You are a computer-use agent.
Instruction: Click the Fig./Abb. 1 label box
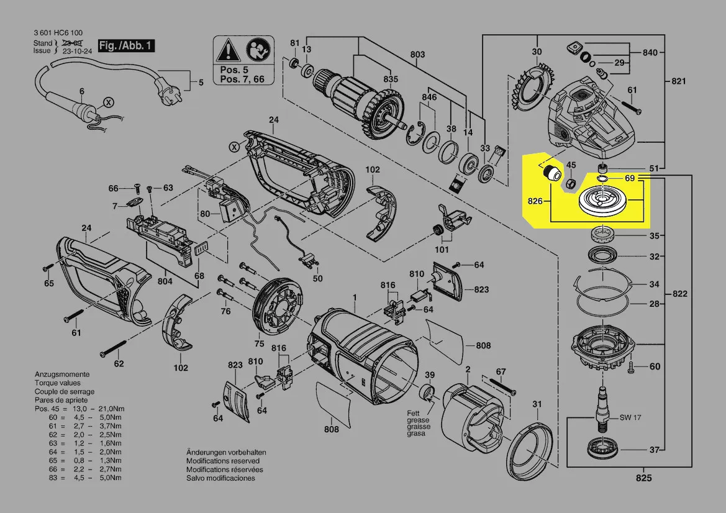click(x=125, y=45)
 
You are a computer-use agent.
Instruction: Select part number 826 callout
click(x=535, y=201)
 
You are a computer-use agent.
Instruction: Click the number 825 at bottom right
click(x=643, y=478)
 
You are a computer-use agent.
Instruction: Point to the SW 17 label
click(x=630, y=417)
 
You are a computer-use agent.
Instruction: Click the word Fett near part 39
click(x=414, y=413)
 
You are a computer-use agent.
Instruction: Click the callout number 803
click(x=417, y=55)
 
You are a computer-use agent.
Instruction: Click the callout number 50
click(x=317, y=278)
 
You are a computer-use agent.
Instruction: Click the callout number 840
click(x=650, y=53)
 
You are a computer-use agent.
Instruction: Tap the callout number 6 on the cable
click(x=81, y=91)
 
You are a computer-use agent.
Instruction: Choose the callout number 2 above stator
click(x=467, y=370)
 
